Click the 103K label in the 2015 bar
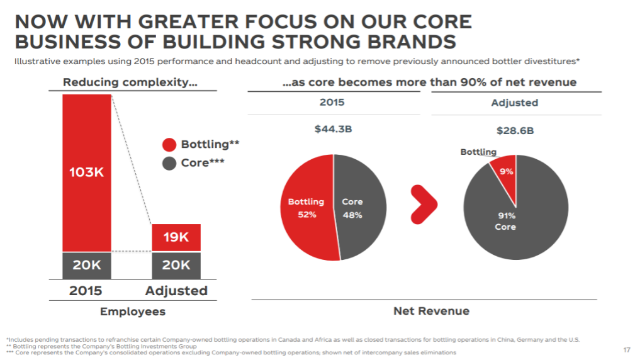pyautogui.click(x=87, y=172)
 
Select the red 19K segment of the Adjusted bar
pyautogui.click(x=176, y=237)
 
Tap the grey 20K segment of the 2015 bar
pyautogui.click(x=87, y=265)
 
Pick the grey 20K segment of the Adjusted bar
pyautogui.click(x=176, y=265)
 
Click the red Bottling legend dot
pyautogui.click(x=169, y=145)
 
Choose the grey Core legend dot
pyautogui.click(x=169, y=163)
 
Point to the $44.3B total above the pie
pyautogui.click(x=334, y=130)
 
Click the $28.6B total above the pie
pyautogui.click(x=515, y=131)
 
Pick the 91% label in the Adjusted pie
pyautogui.click(x=507, y=215)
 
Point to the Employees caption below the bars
pyautogui.click(x=133, y=312)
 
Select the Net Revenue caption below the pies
pyautogui.click(x=431, y=310)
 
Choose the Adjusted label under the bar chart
pyautogui.click(x=176, y=291)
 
